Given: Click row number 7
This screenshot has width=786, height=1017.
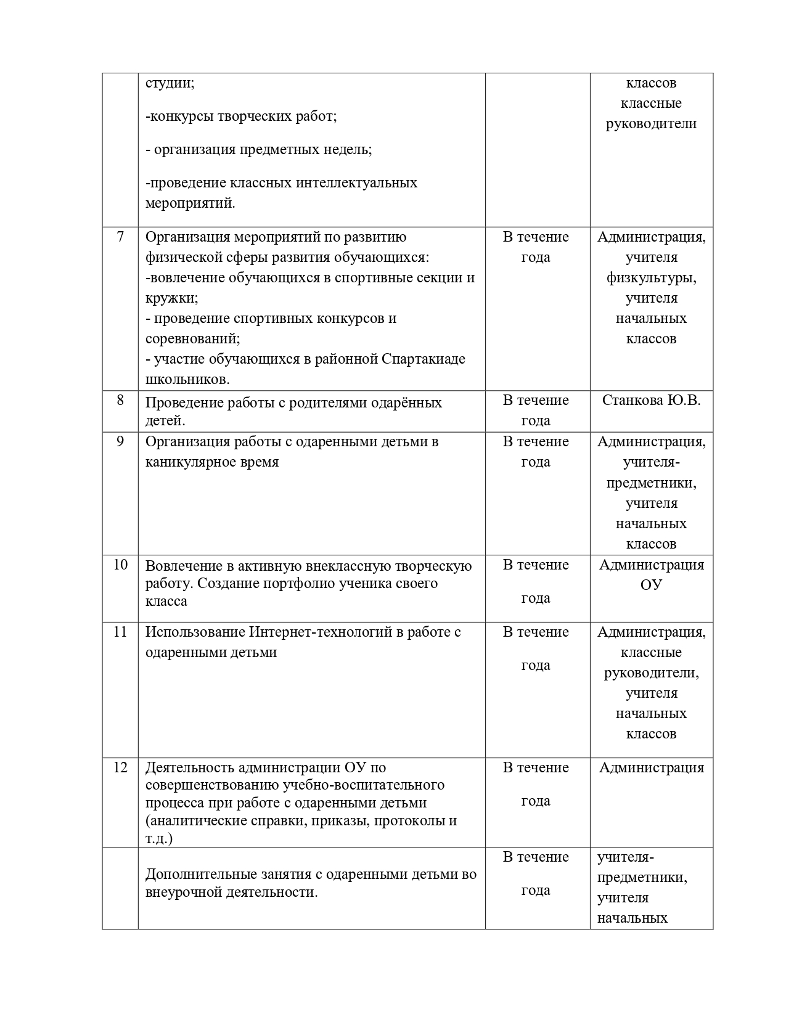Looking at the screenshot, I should click(120, 237).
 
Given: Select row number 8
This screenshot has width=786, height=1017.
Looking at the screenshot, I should click(120, 401).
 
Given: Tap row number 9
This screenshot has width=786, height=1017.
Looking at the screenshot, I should click(120, 441).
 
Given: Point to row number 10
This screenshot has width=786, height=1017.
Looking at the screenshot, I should click(120, 565).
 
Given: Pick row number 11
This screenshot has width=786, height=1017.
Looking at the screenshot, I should click(120, 632).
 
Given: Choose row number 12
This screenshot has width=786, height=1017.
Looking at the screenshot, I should click(120, 767).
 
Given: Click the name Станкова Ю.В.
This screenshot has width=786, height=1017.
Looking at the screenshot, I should click(651, 401).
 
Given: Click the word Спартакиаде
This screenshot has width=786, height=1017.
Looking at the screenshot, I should click(424, 359).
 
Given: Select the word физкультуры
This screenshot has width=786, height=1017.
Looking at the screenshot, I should click(651, 278).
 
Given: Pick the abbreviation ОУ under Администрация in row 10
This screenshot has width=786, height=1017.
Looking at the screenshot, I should click(651, 585).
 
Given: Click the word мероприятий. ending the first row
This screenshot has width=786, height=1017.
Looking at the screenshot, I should click(190, 203).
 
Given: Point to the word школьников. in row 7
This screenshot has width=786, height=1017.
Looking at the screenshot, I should click(187, 380).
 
